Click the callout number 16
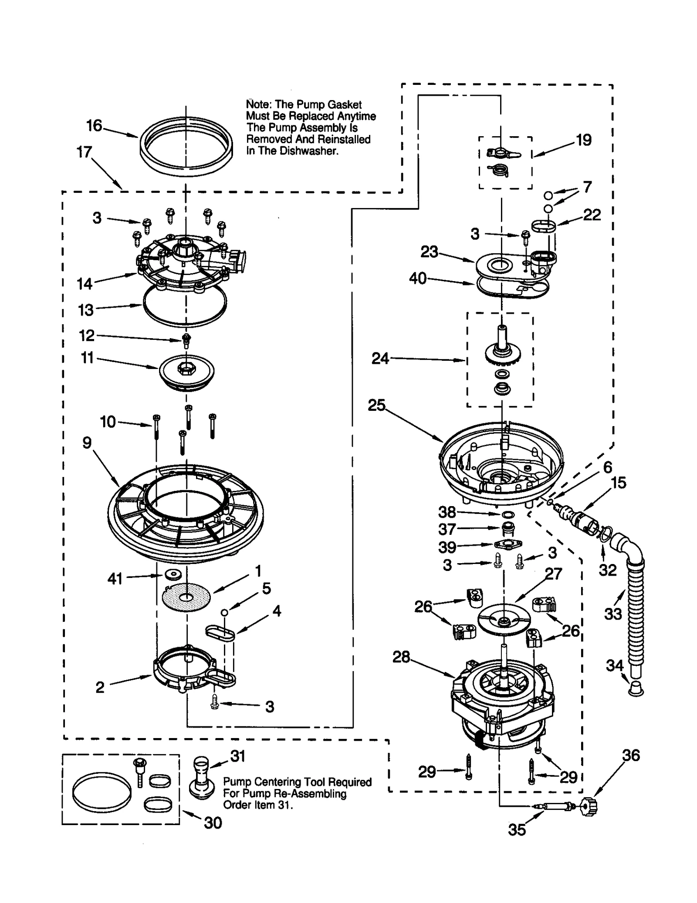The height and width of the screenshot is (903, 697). tap(94, 126)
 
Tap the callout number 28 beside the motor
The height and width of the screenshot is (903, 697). tap(401, 657)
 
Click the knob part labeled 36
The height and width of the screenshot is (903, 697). tap(590, 806)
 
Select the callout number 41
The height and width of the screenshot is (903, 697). tap(115, 579)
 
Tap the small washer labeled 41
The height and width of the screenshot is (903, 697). tap(173, 575)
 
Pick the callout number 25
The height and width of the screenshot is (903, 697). tap(376, 405)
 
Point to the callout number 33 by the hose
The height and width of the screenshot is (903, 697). tap(613, 614)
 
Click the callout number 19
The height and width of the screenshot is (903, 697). tap(583, 140)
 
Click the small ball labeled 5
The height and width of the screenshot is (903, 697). tap(224, 612)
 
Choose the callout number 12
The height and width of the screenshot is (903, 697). tap(87, 335)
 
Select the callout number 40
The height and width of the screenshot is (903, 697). tap(418, 278)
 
